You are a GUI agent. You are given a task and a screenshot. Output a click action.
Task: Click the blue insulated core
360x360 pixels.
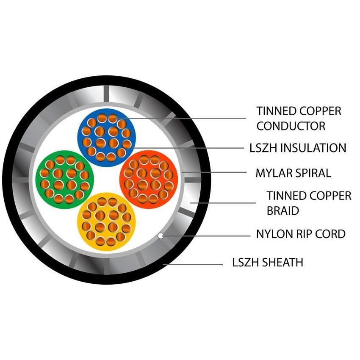pos(107,138)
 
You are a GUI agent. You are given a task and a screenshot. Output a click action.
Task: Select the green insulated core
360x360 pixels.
pos(65,180)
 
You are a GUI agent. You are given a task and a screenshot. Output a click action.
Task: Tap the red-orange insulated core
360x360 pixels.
pos(149,180)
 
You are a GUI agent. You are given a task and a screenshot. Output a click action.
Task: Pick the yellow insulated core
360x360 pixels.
pos(107,222)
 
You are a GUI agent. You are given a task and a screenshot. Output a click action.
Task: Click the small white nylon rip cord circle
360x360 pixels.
pos(161,235)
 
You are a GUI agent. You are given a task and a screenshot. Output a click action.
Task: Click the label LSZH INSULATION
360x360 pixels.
pos(298,148)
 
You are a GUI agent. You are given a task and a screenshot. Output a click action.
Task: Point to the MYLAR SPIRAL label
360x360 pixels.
pos(293,173)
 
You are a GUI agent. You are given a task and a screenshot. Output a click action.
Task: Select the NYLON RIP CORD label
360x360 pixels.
pos(301,234)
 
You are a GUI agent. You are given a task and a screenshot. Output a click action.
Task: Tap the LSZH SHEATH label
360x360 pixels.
pos(268,263)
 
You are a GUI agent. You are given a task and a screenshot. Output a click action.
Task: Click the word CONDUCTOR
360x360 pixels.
pos(291,126)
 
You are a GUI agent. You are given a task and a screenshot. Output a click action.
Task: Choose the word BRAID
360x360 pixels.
pos(282,210)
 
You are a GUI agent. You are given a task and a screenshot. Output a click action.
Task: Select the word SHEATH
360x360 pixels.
pos(282,263)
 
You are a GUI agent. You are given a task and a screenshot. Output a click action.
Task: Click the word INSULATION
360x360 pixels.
pos(313,148)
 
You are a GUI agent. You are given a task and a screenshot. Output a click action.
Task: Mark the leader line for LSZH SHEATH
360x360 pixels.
pos(193,264)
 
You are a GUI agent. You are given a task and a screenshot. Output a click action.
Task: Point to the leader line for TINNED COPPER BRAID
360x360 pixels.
pos(223,203)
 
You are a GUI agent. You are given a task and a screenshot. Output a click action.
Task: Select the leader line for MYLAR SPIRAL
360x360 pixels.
pos(214,172)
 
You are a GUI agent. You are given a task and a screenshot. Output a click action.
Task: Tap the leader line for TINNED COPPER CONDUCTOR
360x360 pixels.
pos(181,119)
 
